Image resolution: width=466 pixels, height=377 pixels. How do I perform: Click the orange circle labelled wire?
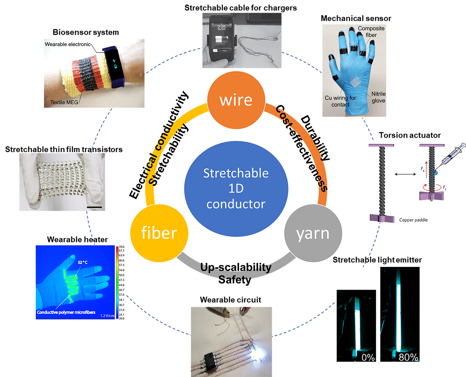[236, 100]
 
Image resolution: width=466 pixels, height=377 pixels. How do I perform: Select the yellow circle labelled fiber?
[159, 233]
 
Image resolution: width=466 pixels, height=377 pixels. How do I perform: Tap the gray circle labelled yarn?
[313, 233]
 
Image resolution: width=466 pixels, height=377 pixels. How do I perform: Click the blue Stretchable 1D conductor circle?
[236, 188]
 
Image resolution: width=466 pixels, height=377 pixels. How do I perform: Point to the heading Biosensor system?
[86, 32]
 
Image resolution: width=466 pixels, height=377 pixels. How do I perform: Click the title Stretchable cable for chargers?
[241, 8]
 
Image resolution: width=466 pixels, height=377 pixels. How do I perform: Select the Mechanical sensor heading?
[356, 18]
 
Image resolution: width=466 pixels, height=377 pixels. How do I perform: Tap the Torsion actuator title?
[410, 135]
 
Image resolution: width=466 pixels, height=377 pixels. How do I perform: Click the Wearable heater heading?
[77, 239]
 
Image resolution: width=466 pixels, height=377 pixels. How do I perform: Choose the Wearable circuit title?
[231, 300]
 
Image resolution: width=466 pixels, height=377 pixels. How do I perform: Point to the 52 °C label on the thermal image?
[83, 262]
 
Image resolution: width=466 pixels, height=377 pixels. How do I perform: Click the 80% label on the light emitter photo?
[408, 357]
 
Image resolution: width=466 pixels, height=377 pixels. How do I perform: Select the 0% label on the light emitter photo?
[368, 357]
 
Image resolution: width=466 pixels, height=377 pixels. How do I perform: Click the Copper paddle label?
[413, 220]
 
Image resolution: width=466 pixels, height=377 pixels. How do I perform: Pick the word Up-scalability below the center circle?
[236, 267]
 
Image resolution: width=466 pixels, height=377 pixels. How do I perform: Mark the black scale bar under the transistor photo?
[95, 207]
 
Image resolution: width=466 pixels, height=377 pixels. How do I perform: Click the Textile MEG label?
[64, 102]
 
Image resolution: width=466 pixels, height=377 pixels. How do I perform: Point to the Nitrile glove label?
[378, 97]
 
